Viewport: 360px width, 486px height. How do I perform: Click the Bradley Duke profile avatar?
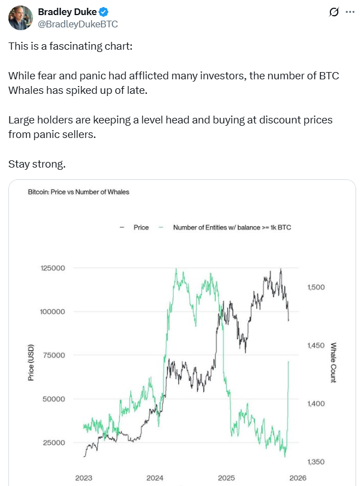point(20,18)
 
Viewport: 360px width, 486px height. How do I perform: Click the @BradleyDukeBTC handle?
point(78,24)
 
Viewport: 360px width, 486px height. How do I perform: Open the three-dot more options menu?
point(350,12)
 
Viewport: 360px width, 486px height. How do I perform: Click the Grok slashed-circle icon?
point(334,12)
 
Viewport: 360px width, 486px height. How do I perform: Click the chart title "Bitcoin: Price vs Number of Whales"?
point(78,192)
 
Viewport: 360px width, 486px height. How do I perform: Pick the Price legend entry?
point(141,227)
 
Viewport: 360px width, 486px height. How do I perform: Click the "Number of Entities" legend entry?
point(232,227)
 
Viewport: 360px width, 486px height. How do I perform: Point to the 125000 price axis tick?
point(53,268)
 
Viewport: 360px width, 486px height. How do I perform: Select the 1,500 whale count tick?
point(316,287)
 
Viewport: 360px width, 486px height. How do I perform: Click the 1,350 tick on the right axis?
point(316,462)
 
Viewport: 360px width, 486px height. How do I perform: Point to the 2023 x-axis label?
point(84,478)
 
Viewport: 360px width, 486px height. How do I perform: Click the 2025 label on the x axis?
point(226,478)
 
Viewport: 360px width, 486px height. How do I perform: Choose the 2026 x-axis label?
point(297,478)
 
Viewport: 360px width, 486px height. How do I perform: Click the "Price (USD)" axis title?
point(31,362)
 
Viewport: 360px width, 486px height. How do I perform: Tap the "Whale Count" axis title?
point(333,363)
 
